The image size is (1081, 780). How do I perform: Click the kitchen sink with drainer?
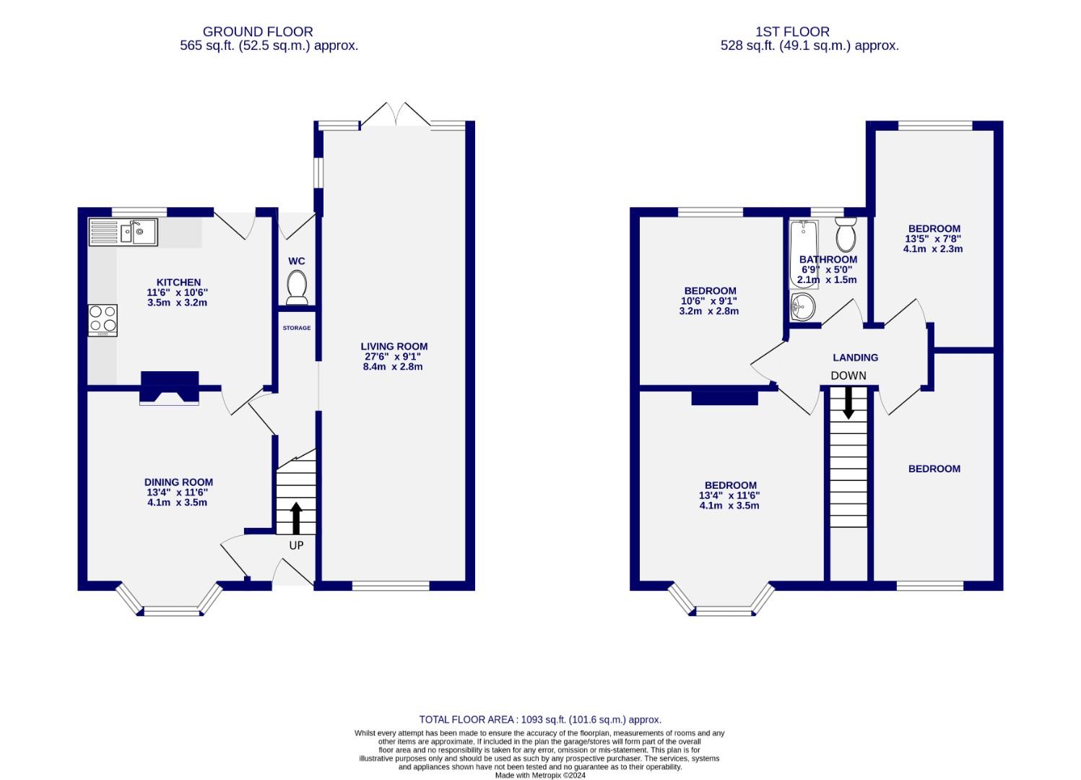pos(123,232)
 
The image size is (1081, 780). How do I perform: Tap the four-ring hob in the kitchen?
pos(103,320)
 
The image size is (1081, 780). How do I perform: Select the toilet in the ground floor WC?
pos(297,287)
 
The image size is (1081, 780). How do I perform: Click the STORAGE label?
pos(297,328)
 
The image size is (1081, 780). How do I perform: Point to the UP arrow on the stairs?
pos(296,517)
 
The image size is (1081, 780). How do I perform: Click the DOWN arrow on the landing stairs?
pos(848,402)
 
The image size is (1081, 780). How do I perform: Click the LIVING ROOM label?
pos(395,346)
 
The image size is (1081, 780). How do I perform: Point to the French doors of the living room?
pos(395,115)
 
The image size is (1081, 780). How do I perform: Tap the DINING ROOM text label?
pos(178,482)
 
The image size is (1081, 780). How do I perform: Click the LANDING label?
pos(855,357)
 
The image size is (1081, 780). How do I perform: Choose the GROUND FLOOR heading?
pos(258,32)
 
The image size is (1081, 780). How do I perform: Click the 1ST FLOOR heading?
pos(792,32)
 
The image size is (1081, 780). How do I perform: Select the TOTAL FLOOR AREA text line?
pos(540,719)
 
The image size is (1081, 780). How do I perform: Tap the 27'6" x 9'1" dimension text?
pos(393,356)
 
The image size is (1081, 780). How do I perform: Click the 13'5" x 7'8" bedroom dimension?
pos(932,239)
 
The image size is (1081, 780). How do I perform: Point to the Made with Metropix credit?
pos(539,776)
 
